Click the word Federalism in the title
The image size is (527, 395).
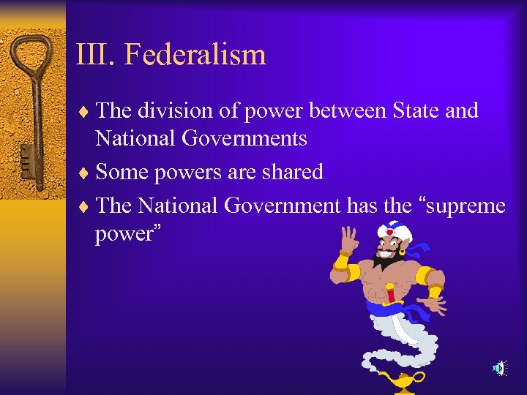pos(195,54)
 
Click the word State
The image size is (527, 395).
pos(417,110)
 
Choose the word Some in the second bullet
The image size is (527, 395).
pos(122,172)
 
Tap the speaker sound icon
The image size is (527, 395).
pos(498,368)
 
